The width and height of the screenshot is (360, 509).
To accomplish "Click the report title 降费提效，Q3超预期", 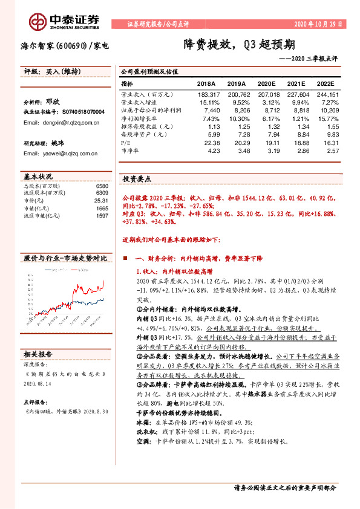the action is coord(240,45).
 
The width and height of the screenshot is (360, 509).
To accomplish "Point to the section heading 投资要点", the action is coord(137,179).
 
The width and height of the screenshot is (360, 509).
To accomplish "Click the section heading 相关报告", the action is coord(38,354).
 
